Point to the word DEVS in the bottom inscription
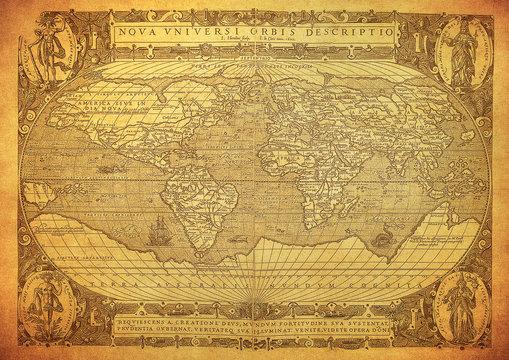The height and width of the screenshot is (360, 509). [x=219, y=325]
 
